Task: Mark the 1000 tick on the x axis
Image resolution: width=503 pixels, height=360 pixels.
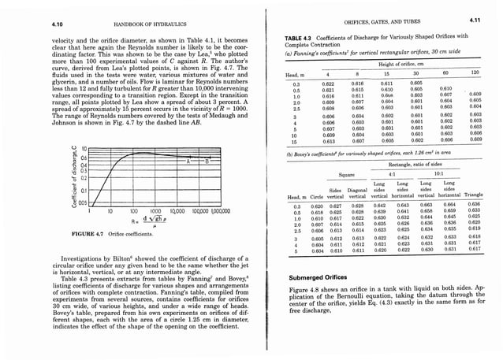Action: coord(154,211)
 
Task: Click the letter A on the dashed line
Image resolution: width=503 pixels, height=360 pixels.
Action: coord(187,158)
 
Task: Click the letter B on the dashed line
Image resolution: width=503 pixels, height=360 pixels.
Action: coord(207,158)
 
